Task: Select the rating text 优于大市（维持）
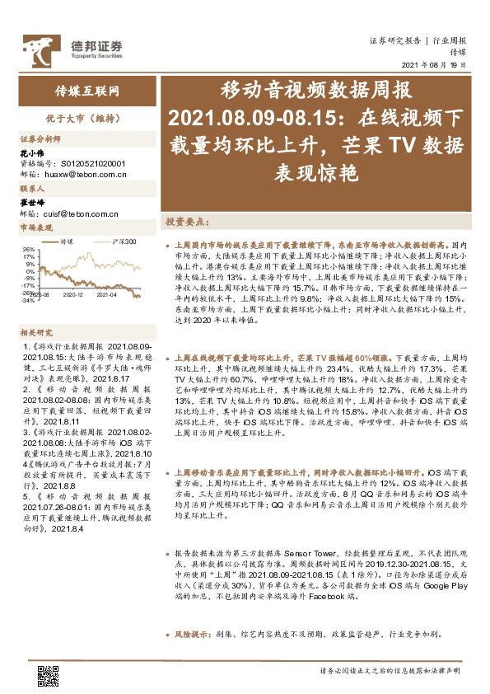click(81, 118)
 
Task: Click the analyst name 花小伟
click(30, 153)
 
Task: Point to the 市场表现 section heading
click(36, 227)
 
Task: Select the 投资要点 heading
click(186, 223)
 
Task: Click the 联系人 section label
click(30, 189)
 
